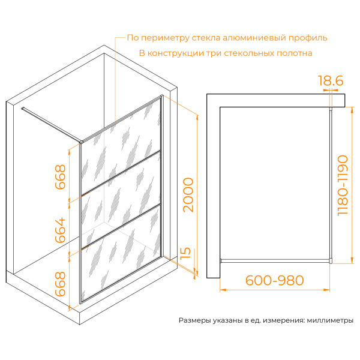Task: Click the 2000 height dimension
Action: point(188,194)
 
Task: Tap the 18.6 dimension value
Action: point(331,80)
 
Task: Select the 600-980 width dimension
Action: point(275,280)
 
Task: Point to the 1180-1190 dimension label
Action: point(343,185)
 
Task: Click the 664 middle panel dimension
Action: point(61,230)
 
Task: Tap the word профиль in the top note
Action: point(308,38)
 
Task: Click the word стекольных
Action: point(249,53)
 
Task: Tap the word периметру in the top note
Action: point(165,38)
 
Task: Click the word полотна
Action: point(295,53)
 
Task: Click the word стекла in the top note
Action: point(206,38)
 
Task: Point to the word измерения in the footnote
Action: point(284,320)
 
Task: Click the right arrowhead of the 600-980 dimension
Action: point(327,290)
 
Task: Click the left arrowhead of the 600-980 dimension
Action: point(223,290)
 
